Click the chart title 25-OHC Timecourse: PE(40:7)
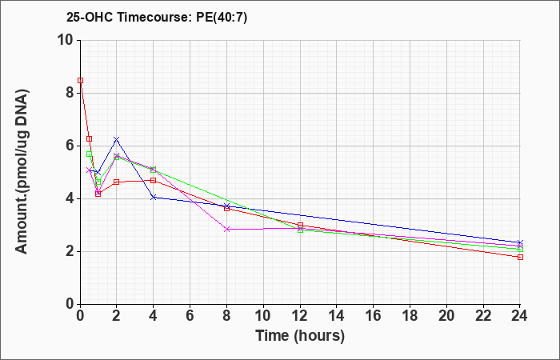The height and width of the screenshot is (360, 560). [x=157, y=18]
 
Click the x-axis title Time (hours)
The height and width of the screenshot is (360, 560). [x=300, y=336]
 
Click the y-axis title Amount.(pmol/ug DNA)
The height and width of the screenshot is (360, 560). [x=22, y=172]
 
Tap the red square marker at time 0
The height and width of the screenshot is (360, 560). [x=81, y=80]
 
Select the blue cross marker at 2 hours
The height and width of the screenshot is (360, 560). [x=117, y=139]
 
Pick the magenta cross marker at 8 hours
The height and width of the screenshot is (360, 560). [x=226, y=230]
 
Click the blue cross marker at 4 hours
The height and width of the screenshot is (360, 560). [x=154, y=197]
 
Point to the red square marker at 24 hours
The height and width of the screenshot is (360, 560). [x=520, y=257]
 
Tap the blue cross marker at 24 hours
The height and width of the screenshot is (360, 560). [x=520, y=243]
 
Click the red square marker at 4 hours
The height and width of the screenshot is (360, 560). [x=154, y=180]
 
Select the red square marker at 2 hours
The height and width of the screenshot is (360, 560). [x=117, y=182]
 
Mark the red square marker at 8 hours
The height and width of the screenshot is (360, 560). [x=226, y=208]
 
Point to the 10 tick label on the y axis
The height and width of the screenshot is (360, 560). [x=66, y=40]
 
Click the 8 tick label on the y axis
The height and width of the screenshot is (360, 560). [x=71, y=94]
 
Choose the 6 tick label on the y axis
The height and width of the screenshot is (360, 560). [x=71, y=146]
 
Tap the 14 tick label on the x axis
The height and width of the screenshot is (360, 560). [x=337, y=316]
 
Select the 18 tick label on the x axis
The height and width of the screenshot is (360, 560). [x=410, y=316]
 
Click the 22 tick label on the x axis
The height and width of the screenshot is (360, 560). [x=483, y=316]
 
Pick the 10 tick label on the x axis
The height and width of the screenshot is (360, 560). [x=263, y=316]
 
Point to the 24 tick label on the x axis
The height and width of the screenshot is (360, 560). [x=520, y=316]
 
